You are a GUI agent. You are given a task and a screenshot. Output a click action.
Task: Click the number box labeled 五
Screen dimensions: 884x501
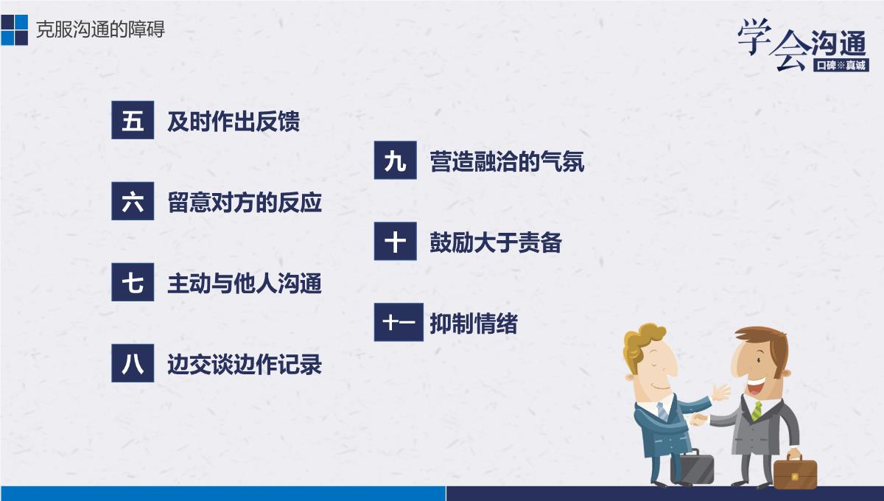coord(133,120)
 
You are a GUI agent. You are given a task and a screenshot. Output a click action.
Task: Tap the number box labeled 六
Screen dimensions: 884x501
coord(133,201)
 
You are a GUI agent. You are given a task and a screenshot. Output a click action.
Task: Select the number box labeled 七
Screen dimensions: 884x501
coord(133,282)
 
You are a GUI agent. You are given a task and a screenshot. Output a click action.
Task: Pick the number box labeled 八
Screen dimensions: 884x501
coord(133,362)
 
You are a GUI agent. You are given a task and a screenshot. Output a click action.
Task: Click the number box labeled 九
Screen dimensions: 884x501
coord(396,161)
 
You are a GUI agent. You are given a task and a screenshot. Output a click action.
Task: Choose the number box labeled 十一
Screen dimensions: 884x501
coord(399,322)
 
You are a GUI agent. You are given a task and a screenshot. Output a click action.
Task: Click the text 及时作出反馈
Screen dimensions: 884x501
coord(234,122)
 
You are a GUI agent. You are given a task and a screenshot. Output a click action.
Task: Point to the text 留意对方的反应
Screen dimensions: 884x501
coord(245,202)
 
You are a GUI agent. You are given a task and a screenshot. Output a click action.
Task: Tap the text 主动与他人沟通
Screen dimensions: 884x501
coord(245,283)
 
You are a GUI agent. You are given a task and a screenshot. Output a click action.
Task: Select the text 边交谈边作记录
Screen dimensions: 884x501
coord(245,364)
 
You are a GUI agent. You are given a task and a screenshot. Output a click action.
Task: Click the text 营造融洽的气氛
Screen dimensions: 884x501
coord(507,161)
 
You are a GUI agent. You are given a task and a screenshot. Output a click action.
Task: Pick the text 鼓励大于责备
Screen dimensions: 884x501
coord(496,242)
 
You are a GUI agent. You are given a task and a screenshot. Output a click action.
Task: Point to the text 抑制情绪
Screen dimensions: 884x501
coord(474,323)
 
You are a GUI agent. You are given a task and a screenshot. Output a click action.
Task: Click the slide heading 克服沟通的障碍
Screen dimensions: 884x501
coord(100,29)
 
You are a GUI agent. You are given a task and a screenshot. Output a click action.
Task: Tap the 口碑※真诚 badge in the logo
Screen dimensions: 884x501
coord(841,65)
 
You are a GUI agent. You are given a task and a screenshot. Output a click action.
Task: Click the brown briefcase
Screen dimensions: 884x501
coord(795,471)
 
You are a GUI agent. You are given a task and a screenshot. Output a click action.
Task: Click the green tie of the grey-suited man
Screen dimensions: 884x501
coord(757,410)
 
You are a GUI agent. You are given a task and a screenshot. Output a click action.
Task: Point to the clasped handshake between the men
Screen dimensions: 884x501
coord(698,420)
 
